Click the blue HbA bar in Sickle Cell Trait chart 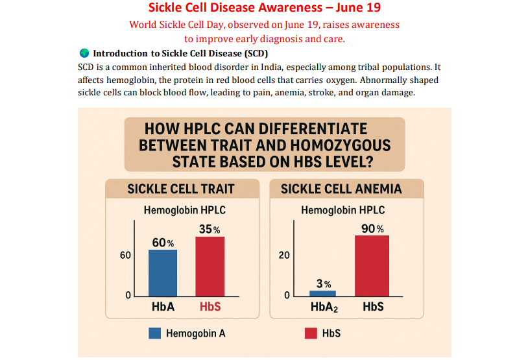coord(163,273)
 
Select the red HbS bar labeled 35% coord(210,267)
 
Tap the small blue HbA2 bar coord(322,293)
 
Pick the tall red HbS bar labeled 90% coord(372,266)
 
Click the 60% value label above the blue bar coord(163,243)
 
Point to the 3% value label coord(324,284)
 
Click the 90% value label coord(372,229)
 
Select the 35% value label coord(210,230)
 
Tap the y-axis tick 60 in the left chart coord(125,256)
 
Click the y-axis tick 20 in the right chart coord(284,256)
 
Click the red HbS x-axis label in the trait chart coord(210,307)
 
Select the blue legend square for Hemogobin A coord(154,333)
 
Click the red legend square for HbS coord(310,333)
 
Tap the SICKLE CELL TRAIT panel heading coord(181,189)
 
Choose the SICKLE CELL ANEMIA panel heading coord(341,189)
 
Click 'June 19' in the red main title coord(357,8)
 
